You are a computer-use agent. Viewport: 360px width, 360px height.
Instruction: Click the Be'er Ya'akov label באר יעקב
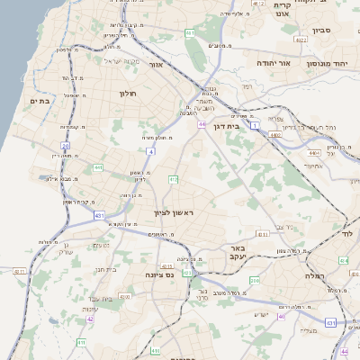pyautogui.click(x=238, y=253)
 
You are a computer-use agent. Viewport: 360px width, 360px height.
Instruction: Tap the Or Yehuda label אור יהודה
pyautogui.click(x=273, y=64)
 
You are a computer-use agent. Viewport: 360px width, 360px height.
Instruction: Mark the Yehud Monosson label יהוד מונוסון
pyautogui.click(x=327, y=64)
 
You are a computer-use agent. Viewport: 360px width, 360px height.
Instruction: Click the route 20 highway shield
pyautogui.click(x=65, y=145)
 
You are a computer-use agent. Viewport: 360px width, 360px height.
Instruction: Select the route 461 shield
pyautogui.click(x=190, y=33)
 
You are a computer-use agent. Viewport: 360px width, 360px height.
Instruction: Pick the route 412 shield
pyautogui.click(x=173, y=180)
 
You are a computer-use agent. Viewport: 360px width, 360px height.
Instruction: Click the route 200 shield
pyautogui.click(x=255, y=281)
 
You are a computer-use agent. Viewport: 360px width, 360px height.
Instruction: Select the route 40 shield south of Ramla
pyautogui.click(x=282, y=316)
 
